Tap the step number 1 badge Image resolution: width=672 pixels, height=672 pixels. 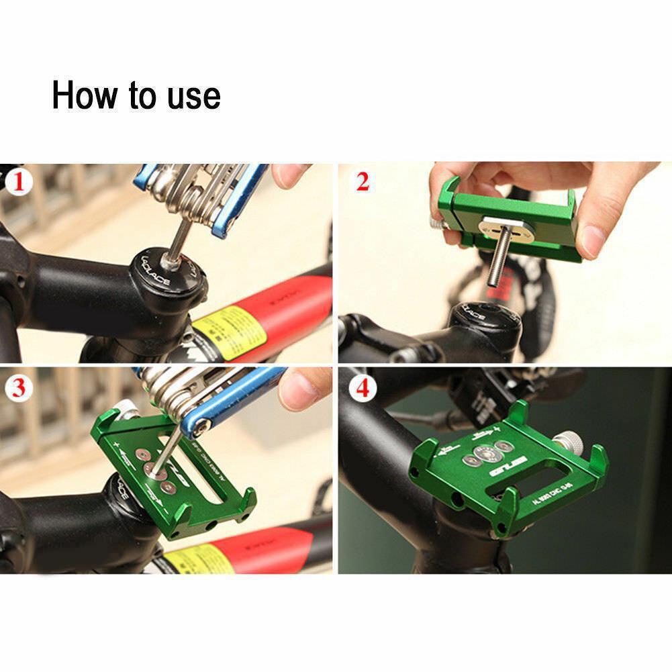pos(19,182)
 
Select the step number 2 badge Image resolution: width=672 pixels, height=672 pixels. pos(363,182)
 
